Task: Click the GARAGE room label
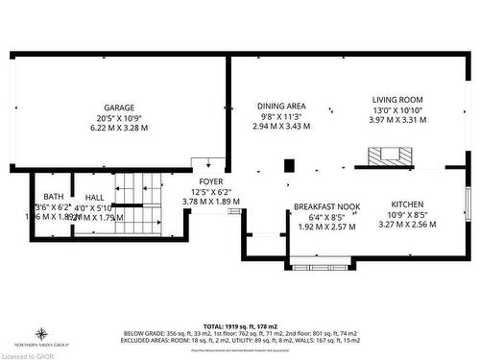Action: point(119,108)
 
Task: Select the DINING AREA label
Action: point(281,106)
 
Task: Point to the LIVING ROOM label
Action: point(397,99)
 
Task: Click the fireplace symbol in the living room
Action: point(389,155)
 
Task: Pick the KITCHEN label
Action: point(407,204)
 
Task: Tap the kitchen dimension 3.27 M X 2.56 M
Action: point(407,224)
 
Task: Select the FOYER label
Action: point(210,181)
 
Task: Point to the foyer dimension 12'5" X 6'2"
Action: point(210,192)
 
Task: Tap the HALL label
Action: point(93,197)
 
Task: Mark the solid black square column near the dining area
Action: point(289,165)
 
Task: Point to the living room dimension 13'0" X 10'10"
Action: point(397,109)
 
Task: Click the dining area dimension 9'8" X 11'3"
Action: point(281,116)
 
